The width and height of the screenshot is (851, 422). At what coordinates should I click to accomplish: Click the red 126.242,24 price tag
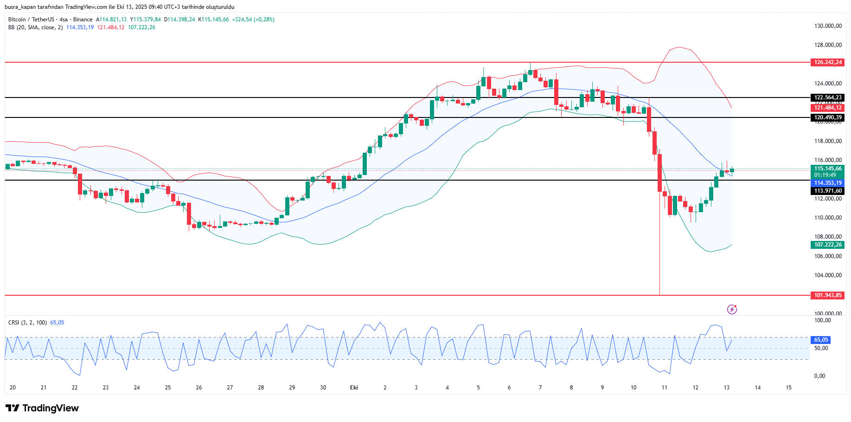(827, 62)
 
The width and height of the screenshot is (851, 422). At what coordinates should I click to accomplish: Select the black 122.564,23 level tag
(827, 97)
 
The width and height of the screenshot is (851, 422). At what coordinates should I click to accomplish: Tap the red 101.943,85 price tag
(827, 295)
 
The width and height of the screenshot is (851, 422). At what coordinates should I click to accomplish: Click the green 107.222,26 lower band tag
(827, 245)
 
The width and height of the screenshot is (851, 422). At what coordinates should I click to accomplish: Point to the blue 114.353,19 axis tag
(827, 183)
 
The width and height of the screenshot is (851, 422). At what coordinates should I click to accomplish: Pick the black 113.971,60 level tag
(827, 191)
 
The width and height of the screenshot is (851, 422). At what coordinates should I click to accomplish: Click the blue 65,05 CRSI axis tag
(821, 340)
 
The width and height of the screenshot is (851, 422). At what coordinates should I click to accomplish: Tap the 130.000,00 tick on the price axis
(827, 26)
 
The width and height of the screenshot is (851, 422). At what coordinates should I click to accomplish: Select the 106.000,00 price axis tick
(827, 256)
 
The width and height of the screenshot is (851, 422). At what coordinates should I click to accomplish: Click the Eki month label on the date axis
(354, 388)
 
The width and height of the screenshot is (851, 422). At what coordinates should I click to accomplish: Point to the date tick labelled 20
(13, 388)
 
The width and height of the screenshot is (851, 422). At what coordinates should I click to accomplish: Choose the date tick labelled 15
(788, 388)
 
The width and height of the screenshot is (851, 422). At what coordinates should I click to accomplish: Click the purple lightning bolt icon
(732, 309)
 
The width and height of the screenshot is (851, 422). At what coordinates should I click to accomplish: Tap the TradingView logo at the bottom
(42, 408)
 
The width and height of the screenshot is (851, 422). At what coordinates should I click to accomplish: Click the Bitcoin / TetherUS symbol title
(31, 19)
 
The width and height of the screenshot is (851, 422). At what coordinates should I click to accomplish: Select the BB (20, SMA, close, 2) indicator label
(35, 27)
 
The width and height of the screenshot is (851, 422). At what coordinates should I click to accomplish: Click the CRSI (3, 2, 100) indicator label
(27, 323)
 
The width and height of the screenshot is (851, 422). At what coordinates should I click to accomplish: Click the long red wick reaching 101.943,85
(659, 251)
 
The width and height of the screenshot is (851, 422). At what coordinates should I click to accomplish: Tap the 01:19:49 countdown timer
(825, 175)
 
